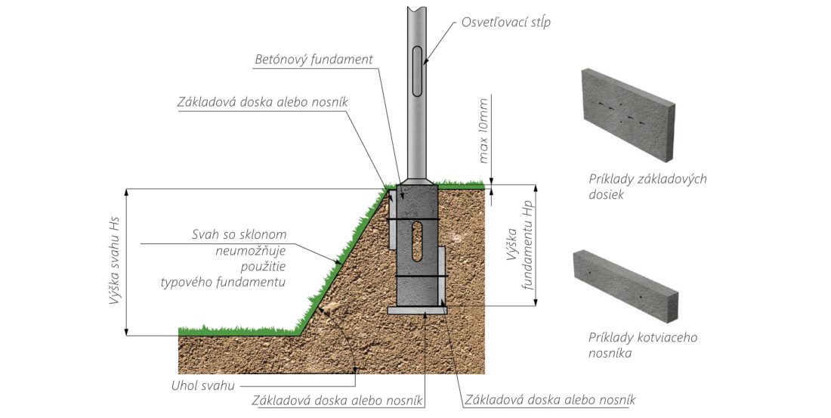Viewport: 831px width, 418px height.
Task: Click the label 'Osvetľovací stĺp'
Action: click(x=505, y=22)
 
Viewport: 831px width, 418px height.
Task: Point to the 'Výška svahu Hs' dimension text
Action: click(x=114, y=261)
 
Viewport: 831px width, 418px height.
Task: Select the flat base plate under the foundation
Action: click(x=417, y=309)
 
